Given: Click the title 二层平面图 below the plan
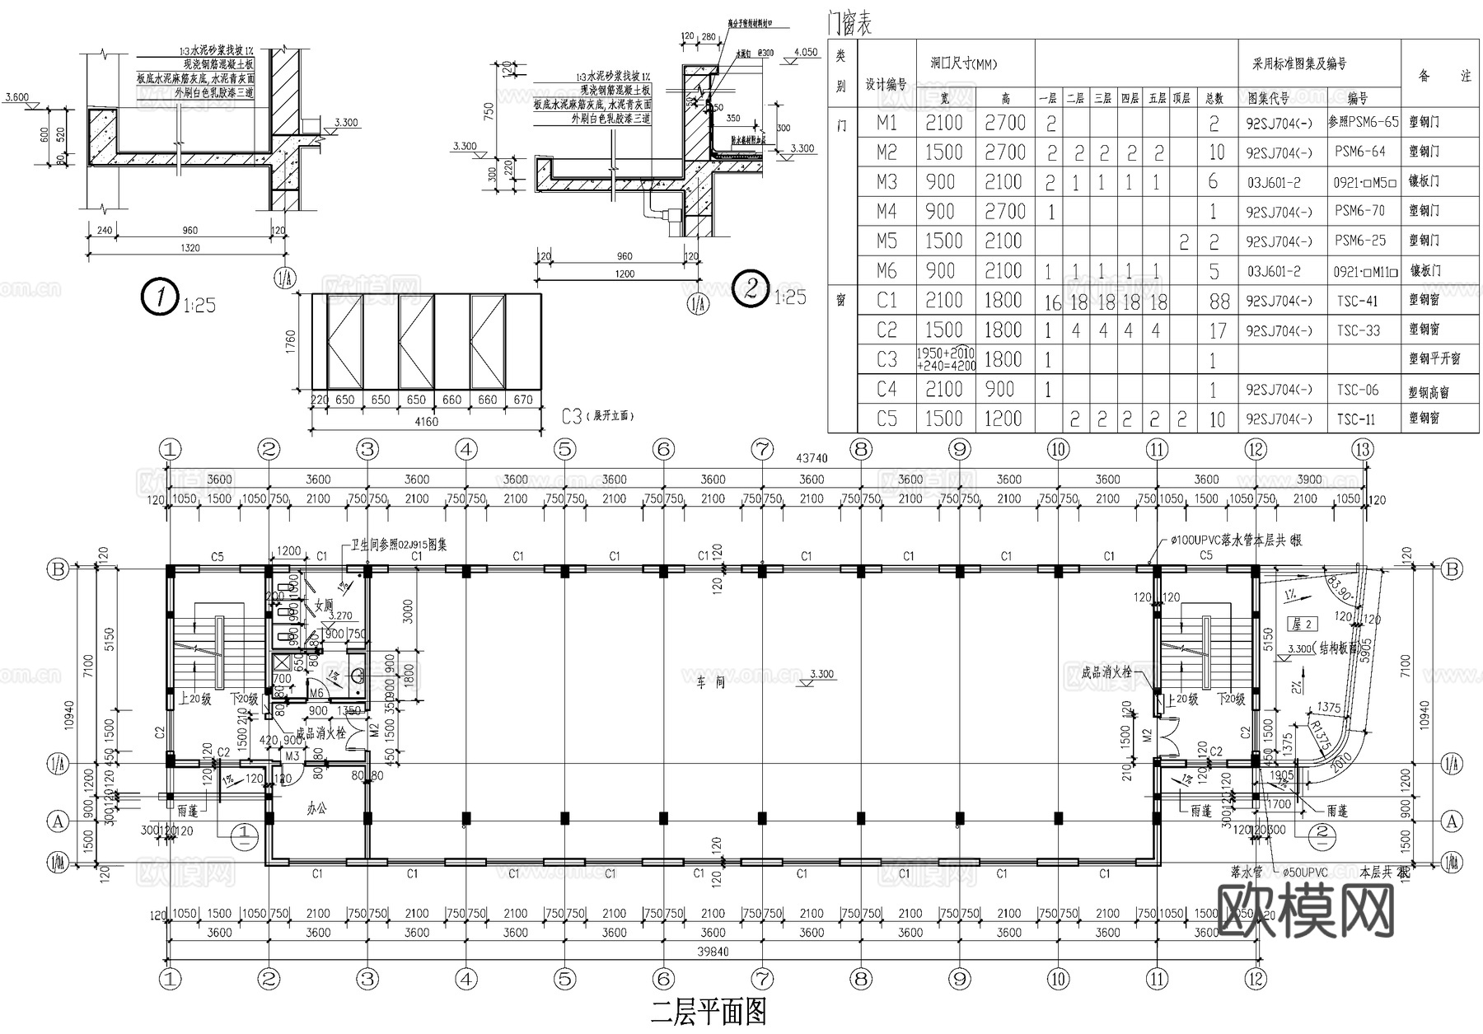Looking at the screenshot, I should click(x=709, y=1012).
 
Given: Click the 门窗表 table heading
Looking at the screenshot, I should click(x=849, y=25).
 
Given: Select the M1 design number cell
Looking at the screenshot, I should click(x=887, y=123).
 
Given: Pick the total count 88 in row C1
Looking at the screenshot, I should click(x=1219, y=302).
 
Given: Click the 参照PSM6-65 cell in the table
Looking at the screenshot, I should click(x=1363, y=122).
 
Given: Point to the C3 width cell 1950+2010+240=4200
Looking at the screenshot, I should click(x=945, y=359).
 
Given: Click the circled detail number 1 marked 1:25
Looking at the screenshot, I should click(x=158, y=297).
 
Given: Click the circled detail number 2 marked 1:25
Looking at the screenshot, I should click(x=751, y=289).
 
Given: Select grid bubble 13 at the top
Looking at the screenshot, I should click(x=1363, y=449).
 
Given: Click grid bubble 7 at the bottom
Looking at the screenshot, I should click(x=762, y=980).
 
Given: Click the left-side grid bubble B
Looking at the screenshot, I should click(x=58, y=569).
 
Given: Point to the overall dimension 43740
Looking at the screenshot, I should click(x=812, y=458).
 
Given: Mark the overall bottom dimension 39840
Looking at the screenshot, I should click(x=713, y=952).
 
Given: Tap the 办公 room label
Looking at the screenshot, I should click(x=316, y=809).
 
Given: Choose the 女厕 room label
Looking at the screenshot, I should click(x=324, y=606).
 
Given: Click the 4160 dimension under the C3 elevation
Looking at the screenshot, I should click(x=426, y=422).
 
